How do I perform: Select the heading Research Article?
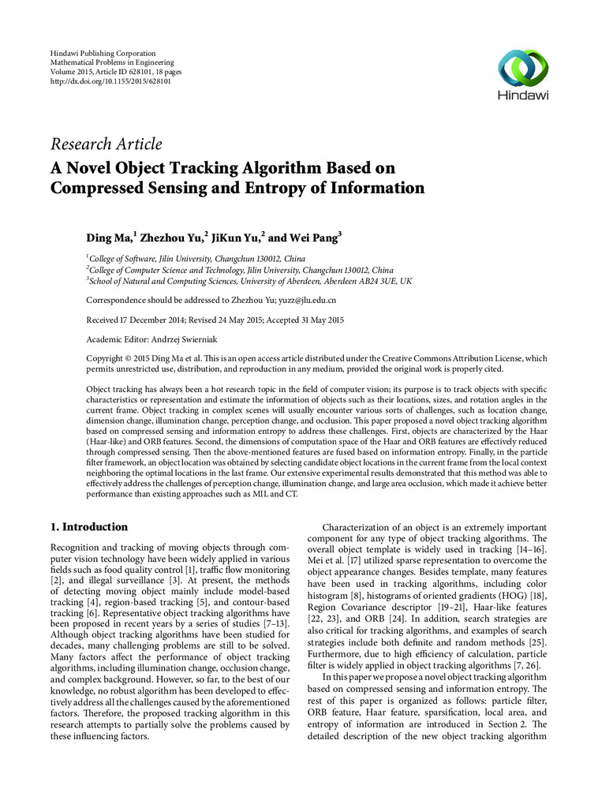[x=106, y=144]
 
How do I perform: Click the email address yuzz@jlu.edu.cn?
[x=304, y=301]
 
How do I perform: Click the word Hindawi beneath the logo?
[x=521, y=95]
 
